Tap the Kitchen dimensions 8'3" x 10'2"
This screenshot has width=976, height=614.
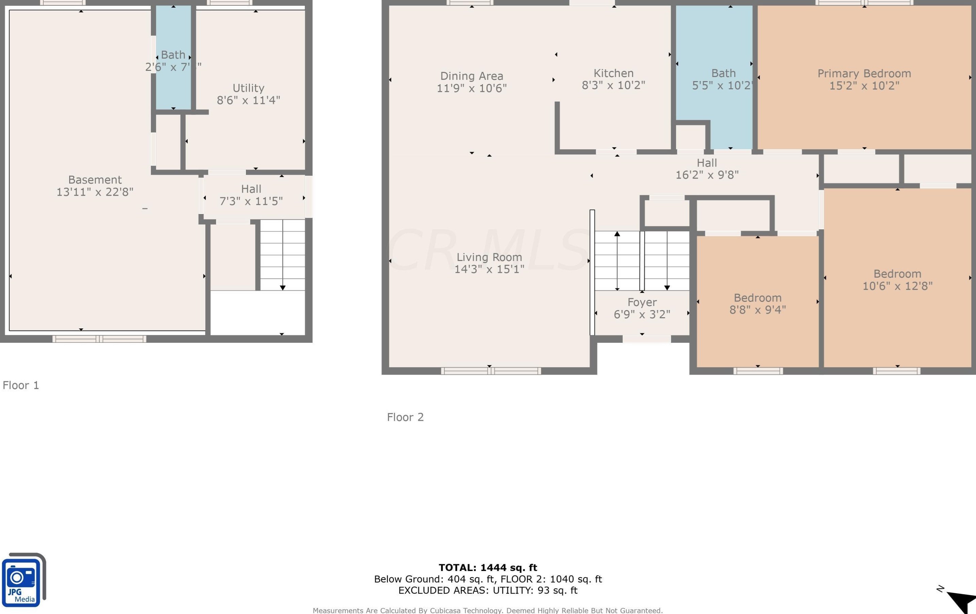tap(613, 86)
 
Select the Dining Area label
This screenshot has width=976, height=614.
tap(471, 76)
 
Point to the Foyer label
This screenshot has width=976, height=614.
tap(642, 302)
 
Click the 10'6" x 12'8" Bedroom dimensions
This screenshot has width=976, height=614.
tap(897, 286)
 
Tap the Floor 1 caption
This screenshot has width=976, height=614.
tap(21, 385)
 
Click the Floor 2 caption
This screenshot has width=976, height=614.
tap(405, 417)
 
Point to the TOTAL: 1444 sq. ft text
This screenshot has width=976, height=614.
tap(488, 567)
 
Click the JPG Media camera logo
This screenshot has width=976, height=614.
tap(22, 580)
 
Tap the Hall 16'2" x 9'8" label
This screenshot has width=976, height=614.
tap(707, 169)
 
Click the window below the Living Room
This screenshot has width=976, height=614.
tap(490, 371)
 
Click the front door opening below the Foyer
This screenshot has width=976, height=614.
tap(646, 339)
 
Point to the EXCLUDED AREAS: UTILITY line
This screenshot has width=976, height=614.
tap(488, 590)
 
